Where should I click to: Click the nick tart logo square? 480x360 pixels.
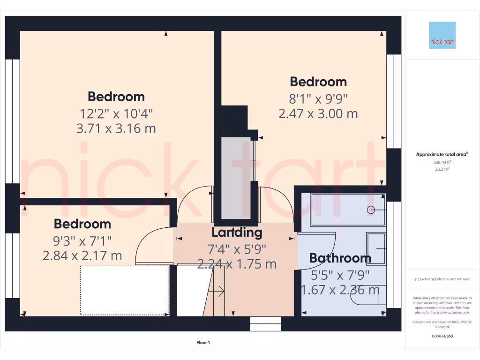pyautogui.click(x=442, y=35)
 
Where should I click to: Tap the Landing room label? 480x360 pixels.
pyautogui.click(x=237, y=232)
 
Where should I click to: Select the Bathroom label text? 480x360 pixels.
pyautogui.click(x=340, y=258)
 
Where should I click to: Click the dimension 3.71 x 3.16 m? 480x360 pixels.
pyautogui.click(x=116, y=128)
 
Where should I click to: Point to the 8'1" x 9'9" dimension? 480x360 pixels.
pyautogui.click(x=318, y=98)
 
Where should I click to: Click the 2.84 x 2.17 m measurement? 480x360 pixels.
pyautogui.click(x=82, y=255)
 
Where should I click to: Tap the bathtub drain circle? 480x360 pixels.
pyautogui.click(x=371, y=210)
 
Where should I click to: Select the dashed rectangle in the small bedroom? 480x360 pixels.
pyautogui.click(x=124, y=290)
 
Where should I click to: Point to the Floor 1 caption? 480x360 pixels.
pyautogui.click(x=203, y=343)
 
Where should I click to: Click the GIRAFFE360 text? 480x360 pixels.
pyautogui.click(x=442, y=336)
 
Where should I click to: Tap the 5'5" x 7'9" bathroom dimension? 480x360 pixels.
pyautogui.click(x=340, y=274)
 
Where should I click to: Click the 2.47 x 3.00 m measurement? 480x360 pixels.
pyautogui.click(x=318, y=113)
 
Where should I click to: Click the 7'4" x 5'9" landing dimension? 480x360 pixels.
pyautogui.click(x=237, y=248)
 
